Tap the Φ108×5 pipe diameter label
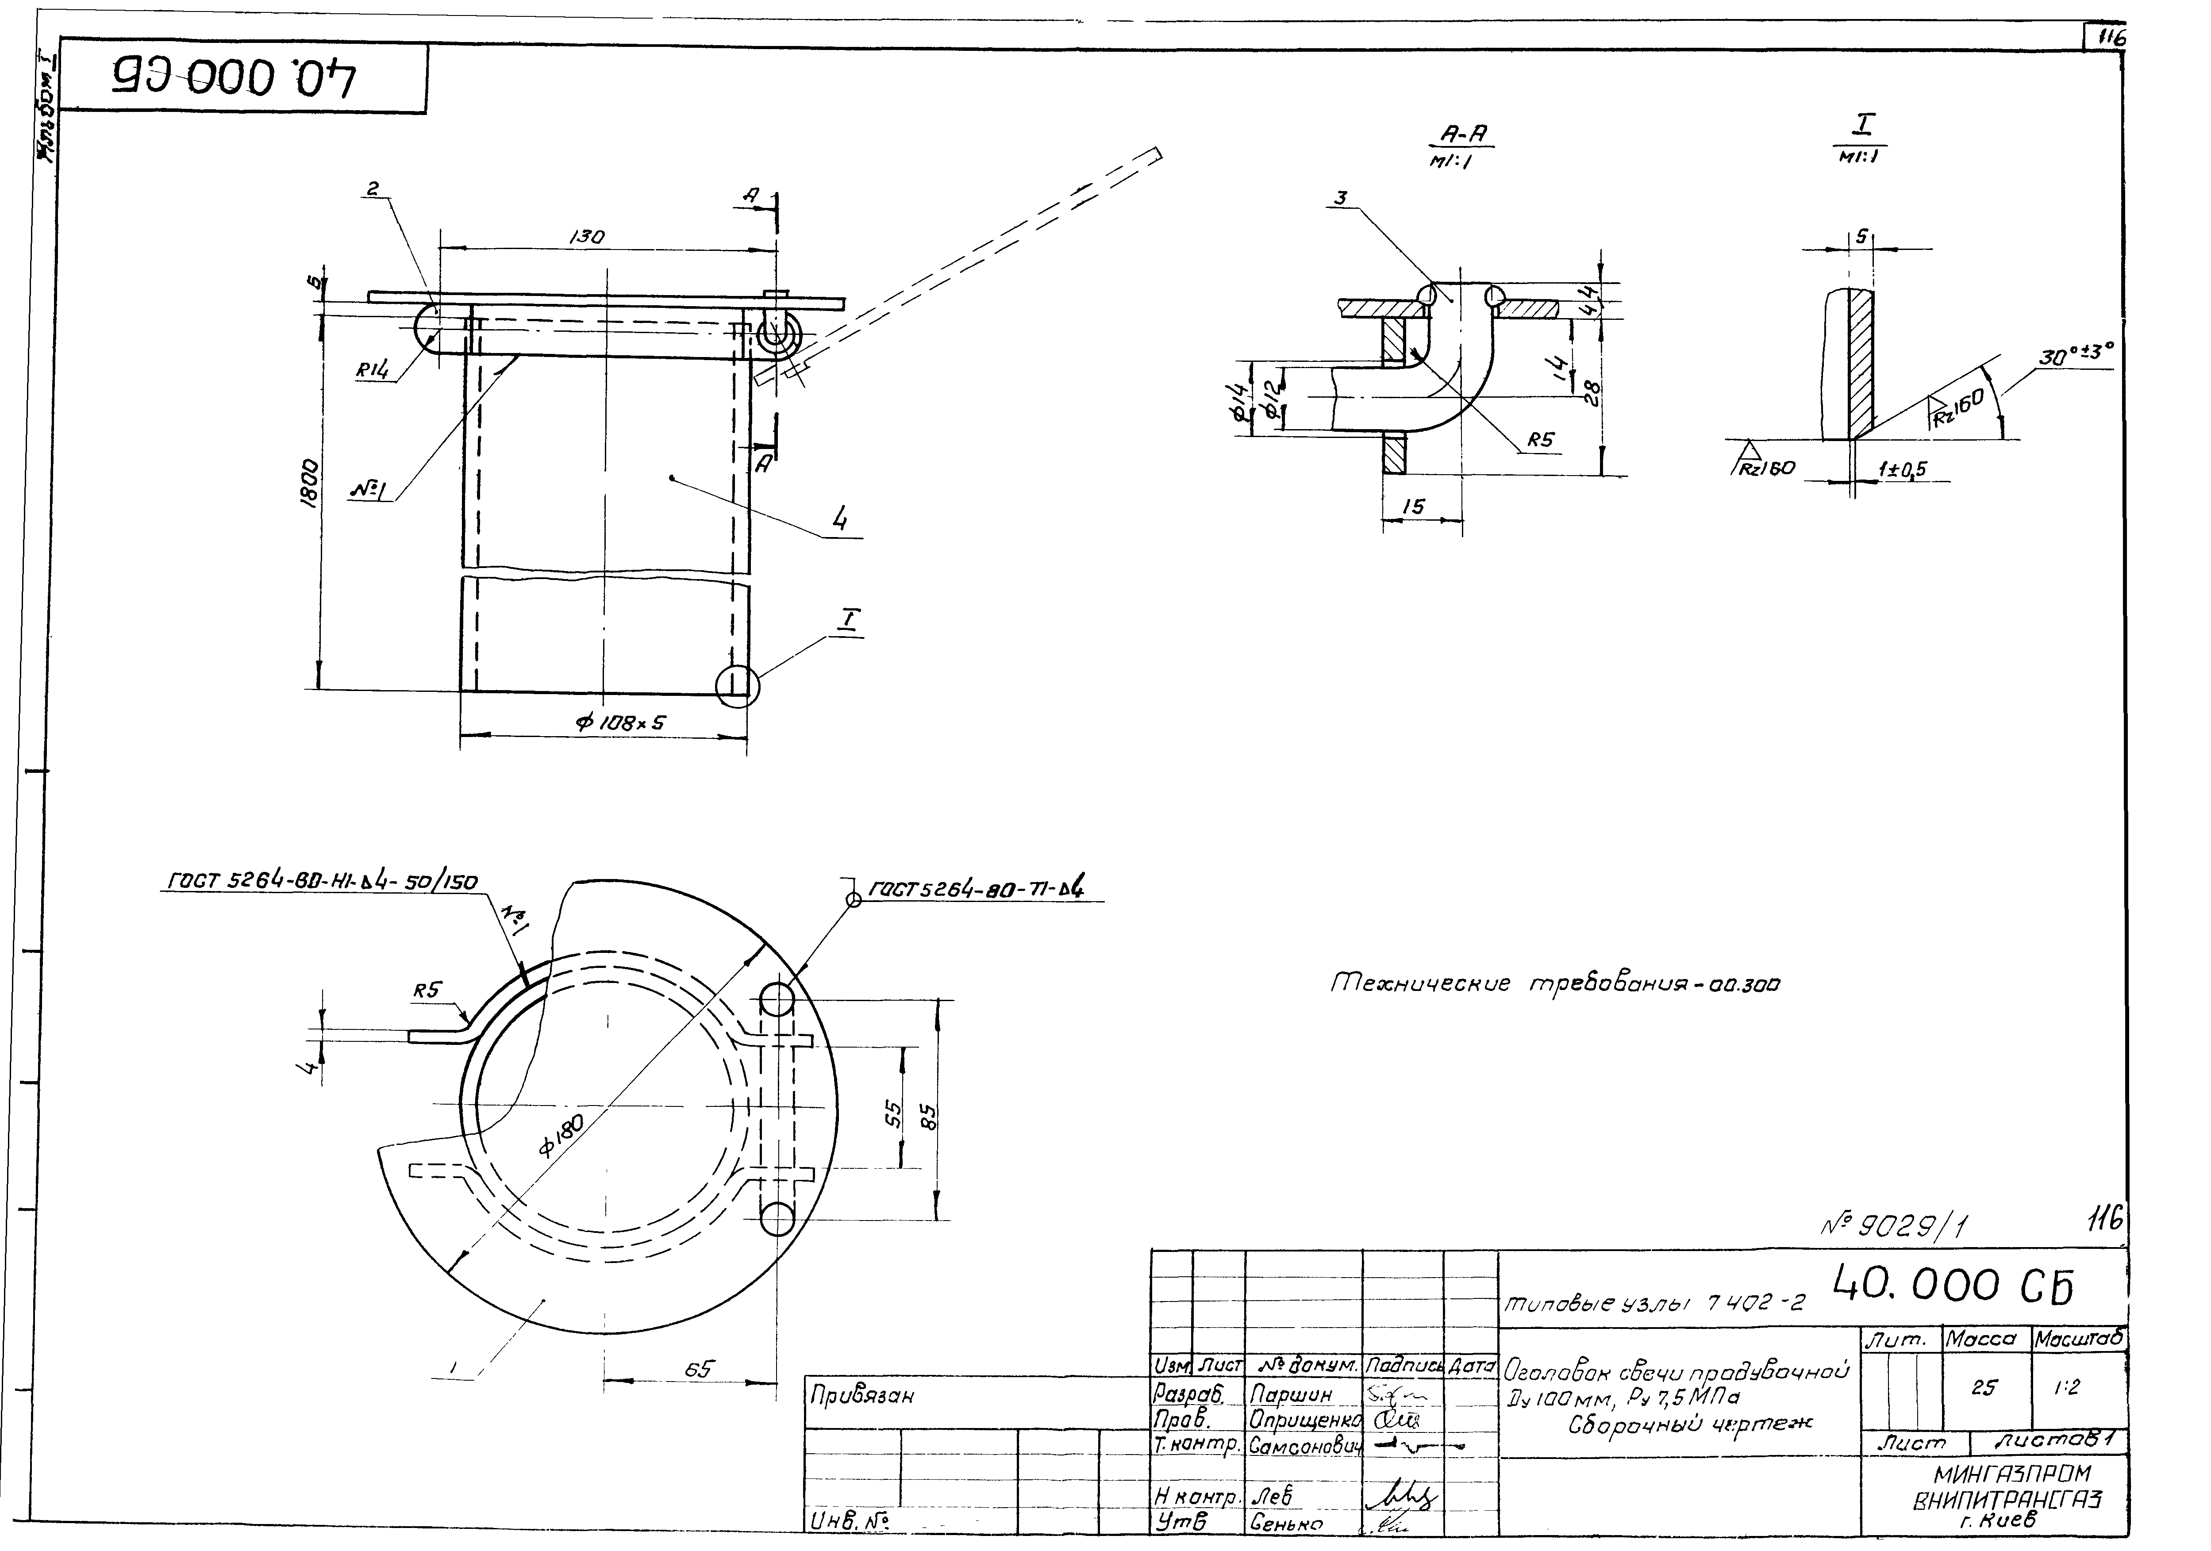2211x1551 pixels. pos(621,722)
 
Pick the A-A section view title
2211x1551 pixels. pos(1465,135)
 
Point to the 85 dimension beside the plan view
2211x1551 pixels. pos(928,1117)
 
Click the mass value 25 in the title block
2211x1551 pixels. pos(1984,1387)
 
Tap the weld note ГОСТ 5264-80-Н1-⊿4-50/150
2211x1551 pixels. pos(323,881)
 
